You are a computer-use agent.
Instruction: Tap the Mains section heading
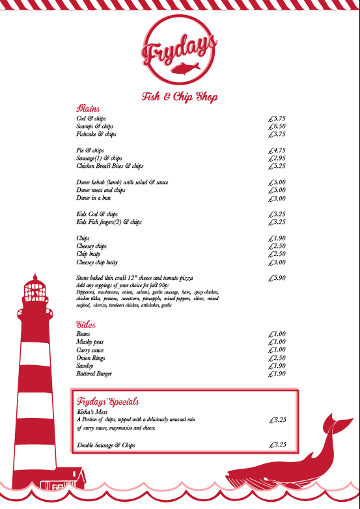pos(88,108)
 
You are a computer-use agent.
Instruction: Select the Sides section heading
pos(87,324)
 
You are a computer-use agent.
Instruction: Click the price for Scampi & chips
pos(277,126)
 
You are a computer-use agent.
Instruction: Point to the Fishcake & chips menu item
pos(96,134)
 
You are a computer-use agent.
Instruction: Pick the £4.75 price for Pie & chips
pos(277,150)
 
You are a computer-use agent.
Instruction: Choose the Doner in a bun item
pos(94,198)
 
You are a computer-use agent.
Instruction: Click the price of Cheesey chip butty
pos(277,262)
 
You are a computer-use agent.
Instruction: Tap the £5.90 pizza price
pos(277,278)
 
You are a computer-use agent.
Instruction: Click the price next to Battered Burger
pos(277,374)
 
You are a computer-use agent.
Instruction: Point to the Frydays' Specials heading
pos(108,402)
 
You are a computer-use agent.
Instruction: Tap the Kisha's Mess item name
pos(92,412)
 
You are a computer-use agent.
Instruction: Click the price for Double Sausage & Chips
pos(277,445)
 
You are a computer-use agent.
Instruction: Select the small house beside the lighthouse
pos(64,480)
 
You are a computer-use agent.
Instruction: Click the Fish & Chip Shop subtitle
pos(180,97)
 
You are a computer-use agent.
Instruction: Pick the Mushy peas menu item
pos(90,342)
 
